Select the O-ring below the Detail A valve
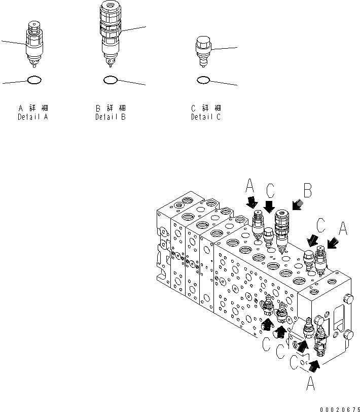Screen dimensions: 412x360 pyautogui.click(x=33, y=80)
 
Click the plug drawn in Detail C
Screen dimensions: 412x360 pyautogui.click(x=203, y=51)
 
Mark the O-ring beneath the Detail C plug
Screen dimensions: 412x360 pyautogui.click(x=203, y=80)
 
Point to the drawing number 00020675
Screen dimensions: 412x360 pyautogui.click(x=339, y=408)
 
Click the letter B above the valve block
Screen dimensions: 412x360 pyautogui.click(x=307, y=190)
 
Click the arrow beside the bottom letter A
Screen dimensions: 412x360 pyautogui.click(x=314, y=363)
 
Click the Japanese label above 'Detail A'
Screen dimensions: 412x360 pyautogui.click(x=33, y=108)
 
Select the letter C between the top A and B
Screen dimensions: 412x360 pyautogui.click(x=270, y=190)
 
